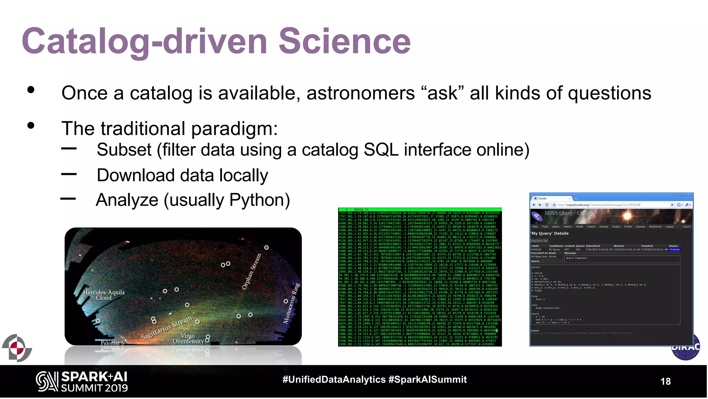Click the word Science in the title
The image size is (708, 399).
344,42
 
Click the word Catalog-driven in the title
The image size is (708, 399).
145,42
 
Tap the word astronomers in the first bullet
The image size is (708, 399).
360,94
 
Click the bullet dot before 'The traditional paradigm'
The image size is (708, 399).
31,125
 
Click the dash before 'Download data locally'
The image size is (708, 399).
69,174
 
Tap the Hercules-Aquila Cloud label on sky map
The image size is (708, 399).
104,295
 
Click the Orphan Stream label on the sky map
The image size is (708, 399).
251,272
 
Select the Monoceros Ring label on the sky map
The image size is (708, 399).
291,303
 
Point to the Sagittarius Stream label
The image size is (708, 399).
166,327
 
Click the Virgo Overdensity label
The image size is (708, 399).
188,338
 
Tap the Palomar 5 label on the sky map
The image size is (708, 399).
112,343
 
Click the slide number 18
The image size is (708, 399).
665,381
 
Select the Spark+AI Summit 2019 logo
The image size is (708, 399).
82,382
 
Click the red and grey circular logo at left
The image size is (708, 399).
17,348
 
